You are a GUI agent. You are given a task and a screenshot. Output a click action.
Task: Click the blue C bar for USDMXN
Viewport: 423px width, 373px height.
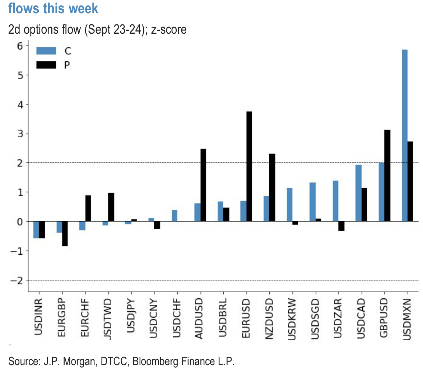click(x=405, y=136)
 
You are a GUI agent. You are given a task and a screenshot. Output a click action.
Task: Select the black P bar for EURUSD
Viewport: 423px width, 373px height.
click(x=249, y=166)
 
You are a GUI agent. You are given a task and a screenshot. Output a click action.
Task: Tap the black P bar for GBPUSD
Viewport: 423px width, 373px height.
click(x=387, y=176)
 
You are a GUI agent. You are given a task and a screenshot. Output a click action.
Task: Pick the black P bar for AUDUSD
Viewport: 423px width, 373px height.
click(x=203, y=185)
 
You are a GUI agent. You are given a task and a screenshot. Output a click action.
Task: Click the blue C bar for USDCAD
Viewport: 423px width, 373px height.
click(x=358, y=193)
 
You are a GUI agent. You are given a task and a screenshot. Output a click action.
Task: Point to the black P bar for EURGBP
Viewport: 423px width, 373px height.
click(x=65, y=234)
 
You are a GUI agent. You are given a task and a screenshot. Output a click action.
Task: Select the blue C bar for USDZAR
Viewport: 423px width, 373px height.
click(x=336, y=201)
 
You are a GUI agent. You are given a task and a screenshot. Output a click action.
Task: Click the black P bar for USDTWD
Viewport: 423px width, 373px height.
click(x=111, y=207)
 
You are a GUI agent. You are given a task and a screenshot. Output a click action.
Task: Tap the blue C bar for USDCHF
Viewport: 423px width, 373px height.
click(x=175, y=216)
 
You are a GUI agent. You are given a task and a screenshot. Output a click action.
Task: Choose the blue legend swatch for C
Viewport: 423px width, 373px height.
click(x=46, y=51)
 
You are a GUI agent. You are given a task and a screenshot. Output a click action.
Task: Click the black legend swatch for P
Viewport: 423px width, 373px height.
click(x=46, y=65)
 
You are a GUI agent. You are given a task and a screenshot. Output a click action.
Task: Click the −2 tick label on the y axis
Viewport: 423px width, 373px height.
click(x=17, y=280)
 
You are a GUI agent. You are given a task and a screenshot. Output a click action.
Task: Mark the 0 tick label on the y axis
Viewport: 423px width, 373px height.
click(x=20, y=222)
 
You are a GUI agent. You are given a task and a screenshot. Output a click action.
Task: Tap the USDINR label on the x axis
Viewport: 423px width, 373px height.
click(x=38, y=317)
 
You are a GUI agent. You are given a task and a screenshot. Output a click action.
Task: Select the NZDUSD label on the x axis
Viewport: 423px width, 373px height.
click(x=269, y=318)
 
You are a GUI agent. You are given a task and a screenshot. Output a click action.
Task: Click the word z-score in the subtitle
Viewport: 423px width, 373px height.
click(x=169, y=30)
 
